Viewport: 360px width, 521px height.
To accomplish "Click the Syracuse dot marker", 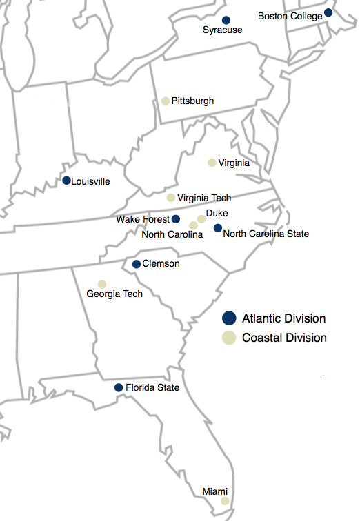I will click(226, 20).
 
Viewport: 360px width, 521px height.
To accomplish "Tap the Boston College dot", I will click(328, 12).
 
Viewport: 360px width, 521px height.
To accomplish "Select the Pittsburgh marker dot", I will click(166, 101).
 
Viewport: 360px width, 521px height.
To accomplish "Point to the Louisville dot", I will click(66, 181).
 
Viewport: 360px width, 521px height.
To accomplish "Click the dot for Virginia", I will click(212, 163).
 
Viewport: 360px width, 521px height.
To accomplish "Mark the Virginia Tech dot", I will click(171, 198).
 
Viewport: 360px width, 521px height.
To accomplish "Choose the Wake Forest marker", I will click(176, 219).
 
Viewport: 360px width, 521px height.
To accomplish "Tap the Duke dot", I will click(201, 219).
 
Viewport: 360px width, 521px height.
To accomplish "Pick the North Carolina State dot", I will click(217, 228).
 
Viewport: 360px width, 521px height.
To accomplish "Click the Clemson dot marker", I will click(137, 264).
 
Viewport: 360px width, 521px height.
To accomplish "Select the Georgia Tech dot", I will click(102, 284).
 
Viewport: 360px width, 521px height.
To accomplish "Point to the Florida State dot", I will click(119, 387).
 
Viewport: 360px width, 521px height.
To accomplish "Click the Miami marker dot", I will click(224, 501).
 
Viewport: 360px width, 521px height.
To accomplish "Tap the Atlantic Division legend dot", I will click(229, 318).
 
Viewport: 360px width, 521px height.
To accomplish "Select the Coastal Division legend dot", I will click(229, 338).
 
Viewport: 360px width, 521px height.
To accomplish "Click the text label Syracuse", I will click(223, 30).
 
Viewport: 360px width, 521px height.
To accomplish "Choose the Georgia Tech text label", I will click(114, 294).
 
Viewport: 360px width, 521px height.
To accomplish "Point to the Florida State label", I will click(152, 388).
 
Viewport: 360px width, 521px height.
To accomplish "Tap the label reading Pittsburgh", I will click(192, 101).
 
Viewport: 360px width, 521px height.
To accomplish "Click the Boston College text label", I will click(290, 15).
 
